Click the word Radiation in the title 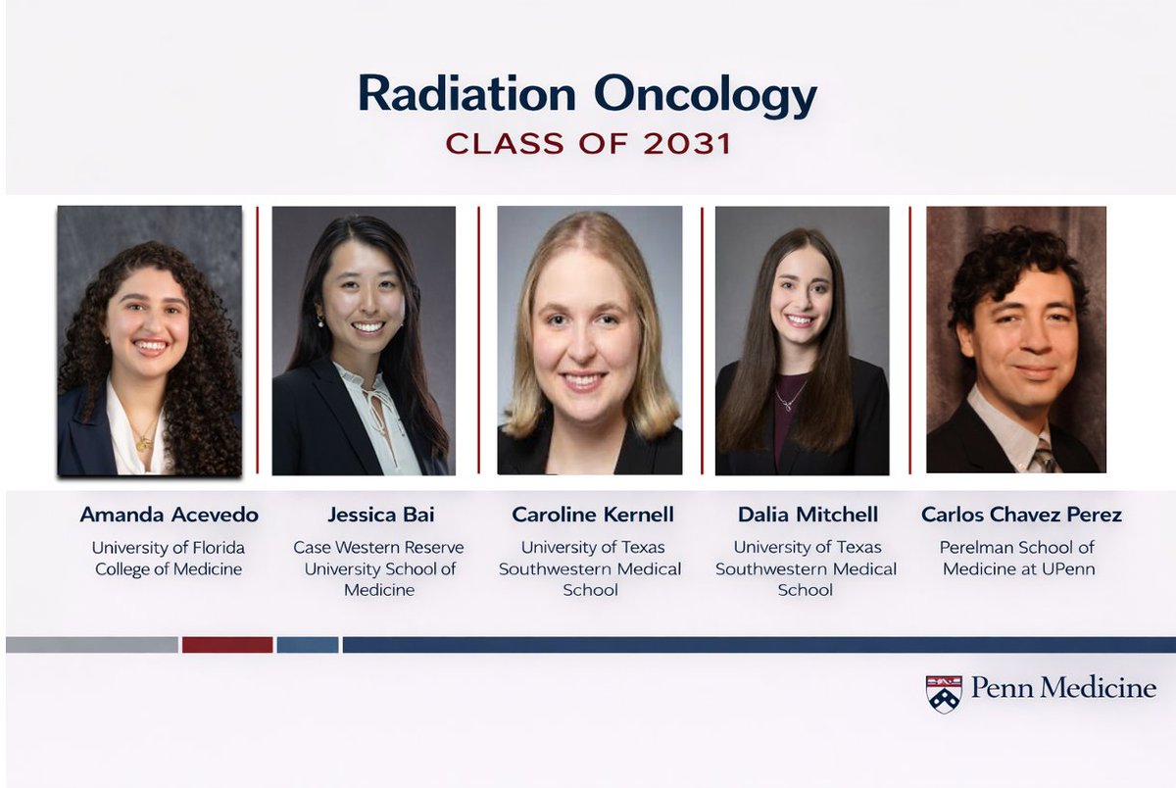click(466, 94)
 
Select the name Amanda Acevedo click(169, 515)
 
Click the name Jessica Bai click(379, 515)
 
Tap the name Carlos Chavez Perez click(1021, 515)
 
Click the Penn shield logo click(944, 693)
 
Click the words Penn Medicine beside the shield click(1063, 688)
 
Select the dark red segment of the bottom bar click(227, 645)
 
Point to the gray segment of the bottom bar click(92, 645)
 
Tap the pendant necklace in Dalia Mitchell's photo click(786, 402)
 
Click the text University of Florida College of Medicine click(169, 559)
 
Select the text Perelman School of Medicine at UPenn click(1017, 559)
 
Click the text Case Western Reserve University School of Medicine click(379, 568)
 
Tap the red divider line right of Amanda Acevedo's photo click(258, 339)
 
